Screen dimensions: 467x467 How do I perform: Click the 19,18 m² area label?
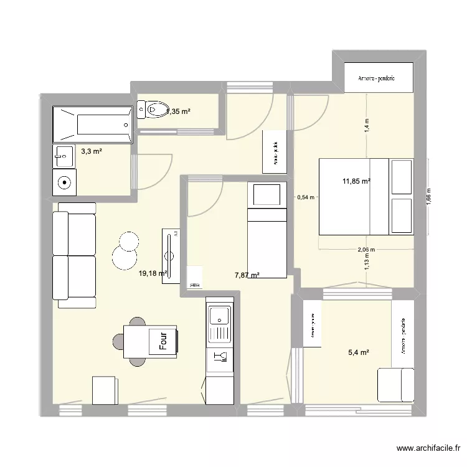pos(153,273)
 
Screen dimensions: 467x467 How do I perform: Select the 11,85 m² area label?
pos(356,182)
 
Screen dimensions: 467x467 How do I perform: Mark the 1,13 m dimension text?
pos(367,264)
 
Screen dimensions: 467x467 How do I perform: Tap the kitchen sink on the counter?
pos(219,316)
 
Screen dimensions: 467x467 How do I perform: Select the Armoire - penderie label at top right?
pos(379,78)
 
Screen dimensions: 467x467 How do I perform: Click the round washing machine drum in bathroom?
pos(64,182)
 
